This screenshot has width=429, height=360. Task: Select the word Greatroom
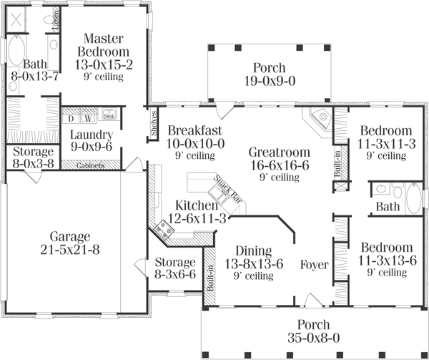point(279,152)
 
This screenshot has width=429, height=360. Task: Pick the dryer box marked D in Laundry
point(72,118)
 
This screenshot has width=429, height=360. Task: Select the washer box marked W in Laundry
point(87,118)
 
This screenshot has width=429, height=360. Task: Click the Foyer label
point(314,265)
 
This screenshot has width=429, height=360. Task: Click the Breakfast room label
point(194,130)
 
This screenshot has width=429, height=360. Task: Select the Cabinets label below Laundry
point(89,165)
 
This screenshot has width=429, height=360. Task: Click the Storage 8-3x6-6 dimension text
point(175,274)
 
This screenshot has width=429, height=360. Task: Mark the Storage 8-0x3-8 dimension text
point(29,164)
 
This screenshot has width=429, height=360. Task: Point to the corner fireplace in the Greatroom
point(318,120)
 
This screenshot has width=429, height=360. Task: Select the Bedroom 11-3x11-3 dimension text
point(385,143)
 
